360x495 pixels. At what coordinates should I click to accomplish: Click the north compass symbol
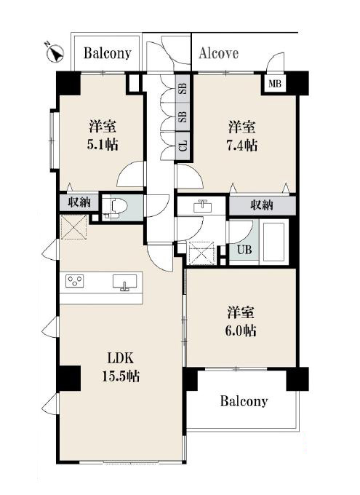(x=55, y=52)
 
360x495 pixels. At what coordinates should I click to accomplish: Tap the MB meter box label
(x=274, y=84)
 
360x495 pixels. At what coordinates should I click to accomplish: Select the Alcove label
(x=218, y=53)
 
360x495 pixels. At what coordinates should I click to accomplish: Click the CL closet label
(x=183, y=146)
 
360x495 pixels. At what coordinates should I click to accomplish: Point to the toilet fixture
(x=115, y=207)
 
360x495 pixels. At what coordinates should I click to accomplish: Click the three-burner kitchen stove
(x=75, y=281)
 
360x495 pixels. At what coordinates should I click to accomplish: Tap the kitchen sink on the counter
(x=125, y=282)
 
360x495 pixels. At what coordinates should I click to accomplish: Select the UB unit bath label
(x=244, y=250)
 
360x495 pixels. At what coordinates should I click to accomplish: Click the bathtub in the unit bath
(x=274, y=242)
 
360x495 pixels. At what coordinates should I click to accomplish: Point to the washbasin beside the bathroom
(x=201, y=206)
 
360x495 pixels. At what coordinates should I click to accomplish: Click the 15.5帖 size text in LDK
(x=121, y=376)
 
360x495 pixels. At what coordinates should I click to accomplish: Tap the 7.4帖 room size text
(x=243, y=145)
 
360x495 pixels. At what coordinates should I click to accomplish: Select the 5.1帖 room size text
(x=103, y=145)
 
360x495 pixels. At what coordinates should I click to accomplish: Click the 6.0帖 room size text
(x=241, y=330)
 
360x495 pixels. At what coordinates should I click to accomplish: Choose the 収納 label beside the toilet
(x=79, y=202)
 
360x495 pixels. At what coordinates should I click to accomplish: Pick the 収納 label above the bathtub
(x=262, y=205)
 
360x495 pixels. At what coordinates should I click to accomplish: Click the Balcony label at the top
(x=108, y=53)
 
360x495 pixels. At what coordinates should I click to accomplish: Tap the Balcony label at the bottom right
(x=244, y=401)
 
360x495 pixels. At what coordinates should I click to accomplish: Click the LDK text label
(x=121, y=359)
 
